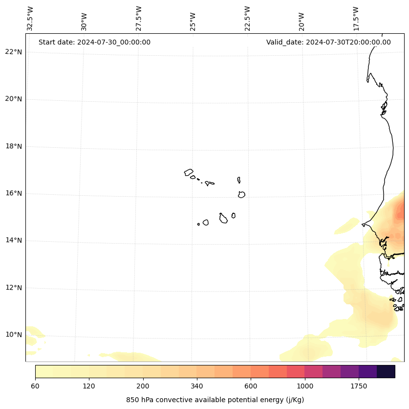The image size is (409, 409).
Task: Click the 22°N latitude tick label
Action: click(x=14, y=52)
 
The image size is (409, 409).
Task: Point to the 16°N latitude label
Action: click(x=14, y=193)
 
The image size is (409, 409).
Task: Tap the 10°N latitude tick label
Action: click(x=14, y=335)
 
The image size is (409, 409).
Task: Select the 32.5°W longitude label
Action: click(x=30, y=19)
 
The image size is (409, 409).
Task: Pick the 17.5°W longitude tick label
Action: click(x=356, y=19)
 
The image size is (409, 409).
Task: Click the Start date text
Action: click(x=94, y=42)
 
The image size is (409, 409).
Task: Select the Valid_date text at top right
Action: click(x=328, y=42)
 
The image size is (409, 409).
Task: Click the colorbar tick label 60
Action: click(x=35, y=386)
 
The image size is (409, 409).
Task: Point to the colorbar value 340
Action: click(x=197, y=386)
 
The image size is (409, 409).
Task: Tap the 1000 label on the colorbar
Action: click(x=305, y=386)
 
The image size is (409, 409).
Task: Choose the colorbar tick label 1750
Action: click(x=359, y=386)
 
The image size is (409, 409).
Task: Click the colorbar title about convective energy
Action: click(x=215, y=400)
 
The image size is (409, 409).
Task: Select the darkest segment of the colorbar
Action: click(x=386, y=371)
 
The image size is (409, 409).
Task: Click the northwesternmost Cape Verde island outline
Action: click(x=189, y=172)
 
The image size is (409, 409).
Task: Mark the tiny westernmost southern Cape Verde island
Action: click(x=198, y=224)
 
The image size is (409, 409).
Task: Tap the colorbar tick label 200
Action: click(x=143, y=386)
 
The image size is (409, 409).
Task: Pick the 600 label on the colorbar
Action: click(x=251, y=386)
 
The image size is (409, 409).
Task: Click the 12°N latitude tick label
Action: click(x=14, y=288)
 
